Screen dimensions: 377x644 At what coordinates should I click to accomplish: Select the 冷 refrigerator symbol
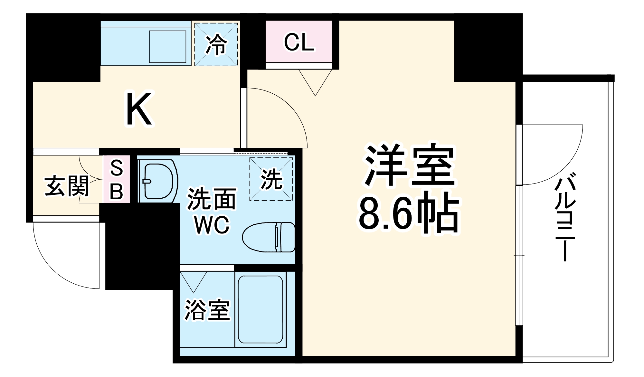(x=216, y=44)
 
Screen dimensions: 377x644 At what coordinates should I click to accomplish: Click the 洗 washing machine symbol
(x=271, y=179)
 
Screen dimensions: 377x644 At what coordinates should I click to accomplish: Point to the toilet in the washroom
(x=269, y=237)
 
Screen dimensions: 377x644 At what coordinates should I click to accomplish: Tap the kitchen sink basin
(x=167, y=47)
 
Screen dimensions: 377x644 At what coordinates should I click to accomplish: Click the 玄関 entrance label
(x=67, y=186)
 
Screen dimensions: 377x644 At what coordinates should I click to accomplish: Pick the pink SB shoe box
(x=117, y=179)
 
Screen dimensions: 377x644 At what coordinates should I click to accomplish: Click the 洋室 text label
(x=410, y=165)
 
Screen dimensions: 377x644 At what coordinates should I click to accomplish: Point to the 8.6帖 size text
(x=409, y=212)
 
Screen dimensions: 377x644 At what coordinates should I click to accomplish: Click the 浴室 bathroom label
(x=207, y=310)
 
